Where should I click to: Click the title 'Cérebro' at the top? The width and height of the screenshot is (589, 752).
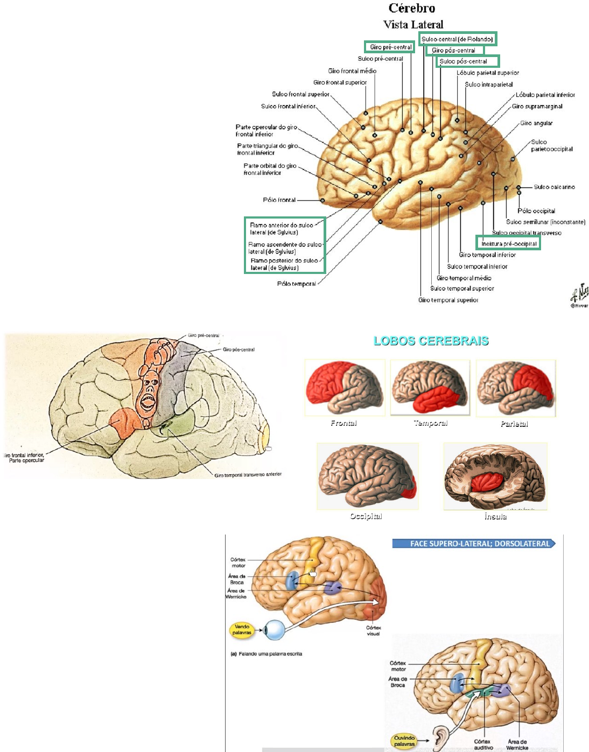tap(412, 8)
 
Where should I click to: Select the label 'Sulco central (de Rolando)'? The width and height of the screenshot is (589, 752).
tap(457, 39)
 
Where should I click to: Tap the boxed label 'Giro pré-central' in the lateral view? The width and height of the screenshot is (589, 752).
tap(390, 47)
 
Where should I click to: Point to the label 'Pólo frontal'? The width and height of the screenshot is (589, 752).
tap(279, 200)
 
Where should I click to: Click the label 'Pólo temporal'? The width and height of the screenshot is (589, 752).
tap(296, 284)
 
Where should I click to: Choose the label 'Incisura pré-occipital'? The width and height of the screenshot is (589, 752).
tap(509, 243)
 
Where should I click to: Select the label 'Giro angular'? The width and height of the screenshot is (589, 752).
tap(536, 123)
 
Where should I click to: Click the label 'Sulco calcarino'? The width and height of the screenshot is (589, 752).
tap(554, 187)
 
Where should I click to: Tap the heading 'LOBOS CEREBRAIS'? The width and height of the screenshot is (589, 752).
tap(431, 341)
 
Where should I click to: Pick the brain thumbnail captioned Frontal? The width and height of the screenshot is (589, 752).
tap(345, 388)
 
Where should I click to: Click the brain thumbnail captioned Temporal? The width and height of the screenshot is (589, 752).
tap(430, 388)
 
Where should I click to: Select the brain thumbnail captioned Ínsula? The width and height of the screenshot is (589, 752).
tap(495, 476)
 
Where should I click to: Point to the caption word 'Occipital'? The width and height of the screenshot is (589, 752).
tap(366, 516)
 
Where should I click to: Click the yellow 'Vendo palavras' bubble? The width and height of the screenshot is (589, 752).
tap(242, 629)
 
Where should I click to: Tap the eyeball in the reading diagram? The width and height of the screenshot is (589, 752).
tap(275, 630)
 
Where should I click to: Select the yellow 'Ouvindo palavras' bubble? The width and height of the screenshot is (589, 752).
tap(404, 741)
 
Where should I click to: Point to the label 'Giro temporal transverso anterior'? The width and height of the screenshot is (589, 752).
tap(248, 475)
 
